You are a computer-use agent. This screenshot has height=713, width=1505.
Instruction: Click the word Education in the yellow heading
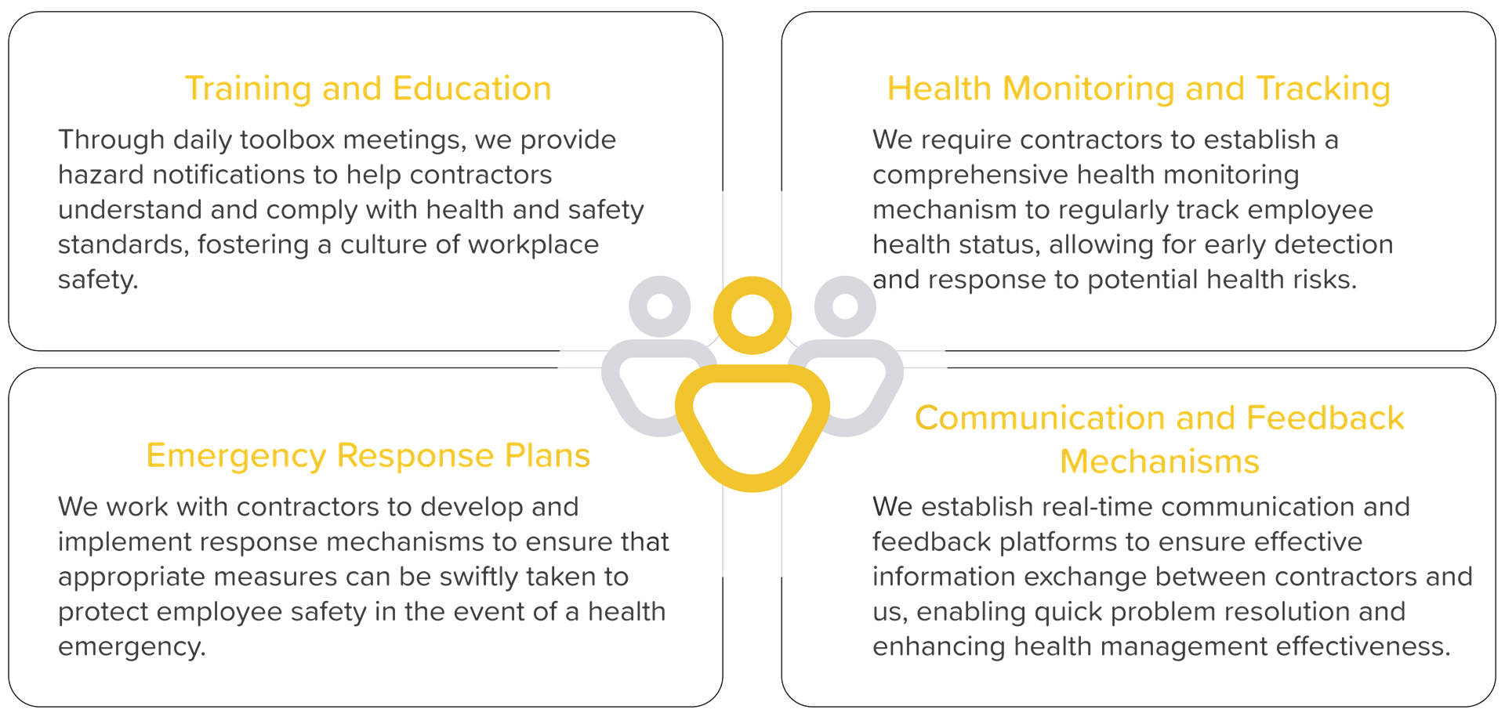point(472,89)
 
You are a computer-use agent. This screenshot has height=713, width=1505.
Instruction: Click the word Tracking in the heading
point(1323,89)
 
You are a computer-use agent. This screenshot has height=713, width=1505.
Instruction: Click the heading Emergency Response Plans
point(368,456)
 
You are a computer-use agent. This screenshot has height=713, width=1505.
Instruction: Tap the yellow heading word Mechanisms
point(1159,461)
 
